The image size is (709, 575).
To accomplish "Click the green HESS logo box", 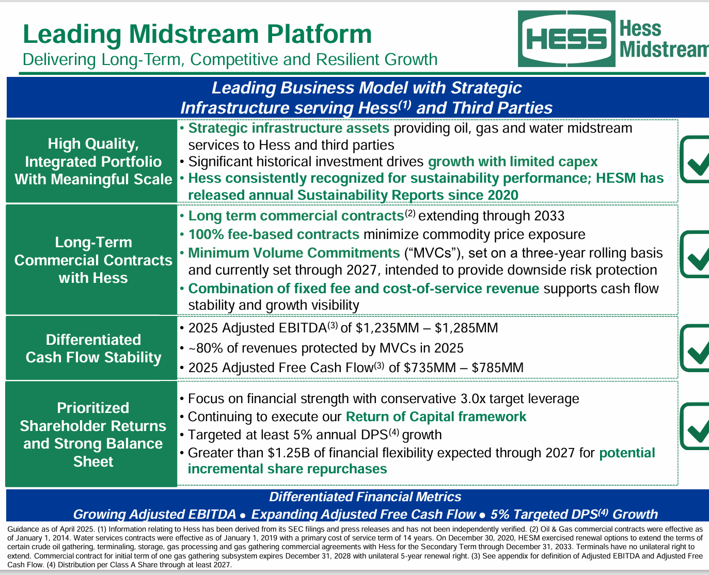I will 566,39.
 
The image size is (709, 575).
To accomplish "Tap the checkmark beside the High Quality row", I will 695,160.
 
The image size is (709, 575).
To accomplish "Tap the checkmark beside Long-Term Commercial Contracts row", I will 695,254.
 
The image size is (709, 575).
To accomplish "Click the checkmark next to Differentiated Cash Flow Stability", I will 695,348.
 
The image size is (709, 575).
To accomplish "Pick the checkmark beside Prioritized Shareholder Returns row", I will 695,426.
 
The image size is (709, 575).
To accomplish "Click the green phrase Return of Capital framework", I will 436,417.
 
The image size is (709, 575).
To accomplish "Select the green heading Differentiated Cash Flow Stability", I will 93,348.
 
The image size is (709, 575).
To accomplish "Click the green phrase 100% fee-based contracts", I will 274,235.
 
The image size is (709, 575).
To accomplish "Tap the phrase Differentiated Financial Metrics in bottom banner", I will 365,497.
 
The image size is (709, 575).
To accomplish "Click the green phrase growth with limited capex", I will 512,162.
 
